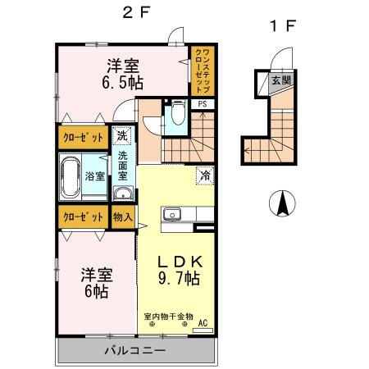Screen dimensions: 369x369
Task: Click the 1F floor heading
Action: click(x=281, y=25)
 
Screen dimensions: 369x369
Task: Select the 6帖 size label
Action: click(x=96, y=290)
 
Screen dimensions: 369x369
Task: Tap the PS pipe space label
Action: click(x=201, y=104)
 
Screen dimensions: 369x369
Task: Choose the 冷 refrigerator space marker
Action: click(x=203, y=175)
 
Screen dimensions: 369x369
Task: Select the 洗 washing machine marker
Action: click(x=121, y=134)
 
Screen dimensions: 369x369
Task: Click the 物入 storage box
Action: click(x=122, y=217)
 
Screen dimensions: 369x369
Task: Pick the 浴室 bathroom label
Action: click(x=94, y=176)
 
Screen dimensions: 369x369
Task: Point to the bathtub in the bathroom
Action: click(x=69, y=176)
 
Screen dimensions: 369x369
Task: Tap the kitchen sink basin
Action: click(x=172, y=215)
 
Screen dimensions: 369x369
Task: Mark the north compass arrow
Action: click(x=283, y=202)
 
